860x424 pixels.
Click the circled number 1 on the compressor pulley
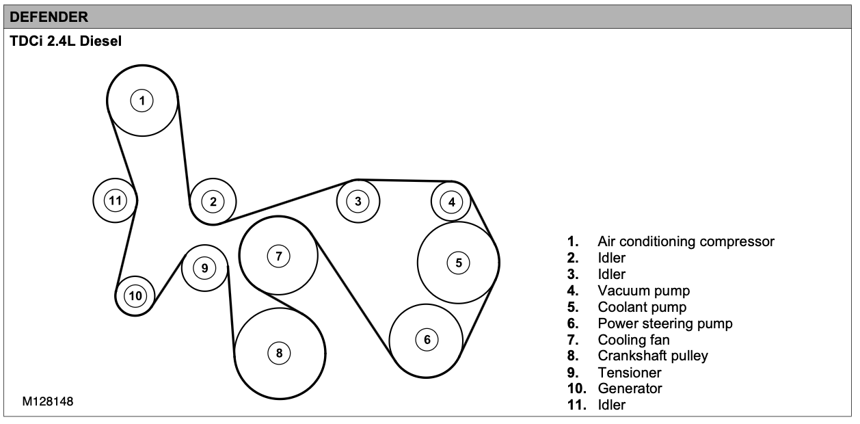[x=142, y=101]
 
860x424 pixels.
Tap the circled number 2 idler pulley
[x=213, y=201]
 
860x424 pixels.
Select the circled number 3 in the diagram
[x=358, y=201]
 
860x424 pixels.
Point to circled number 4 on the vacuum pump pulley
[x=451, y=201]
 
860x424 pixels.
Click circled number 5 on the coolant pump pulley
[x=459, y=262]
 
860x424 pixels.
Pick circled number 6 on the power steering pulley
[x=427, y=339]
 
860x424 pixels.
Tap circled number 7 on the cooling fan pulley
[x=278, y=256]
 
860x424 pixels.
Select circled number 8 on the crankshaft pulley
[x=279, y=353]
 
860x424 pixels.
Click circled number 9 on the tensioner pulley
[x=205, y=267]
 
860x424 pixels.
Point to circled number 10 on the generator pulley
[x=135, y=295]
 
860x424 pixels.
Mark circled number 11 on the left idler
[x=116, y=200]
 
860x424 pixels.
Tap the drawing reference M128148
[x=48, y=402]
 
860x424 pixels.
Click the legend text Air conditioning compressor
[x=686, y=241]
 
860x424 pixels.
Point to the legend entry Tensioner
[x=630, y=373]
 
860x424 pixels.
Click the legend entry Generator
[x=630, y=389]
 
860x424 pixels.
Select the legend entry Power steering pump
[x=665, y=323]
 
